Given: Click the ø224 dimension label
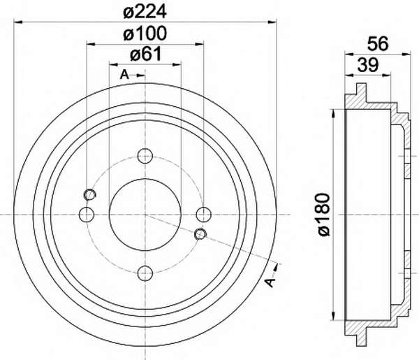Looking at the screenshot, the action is coord(145,11).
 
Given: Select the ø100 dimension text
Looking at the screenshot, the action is coord(145,34).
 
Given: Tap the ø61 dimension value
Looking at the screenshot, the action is coord(146,54).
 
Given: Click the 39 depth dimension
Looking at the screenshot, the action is coord(368,65).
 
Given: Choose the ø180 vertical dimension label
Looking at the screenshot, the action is coord(325,215).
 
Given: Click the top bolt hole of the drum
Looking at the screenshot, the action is coord(145,156).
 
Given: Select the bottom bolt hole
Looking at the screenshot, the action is coord(145,273).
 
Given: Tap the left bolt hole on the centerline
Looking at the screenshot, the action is coord(87,215).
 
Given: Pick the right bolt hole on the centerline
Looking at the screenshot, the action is coord(204,215).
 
